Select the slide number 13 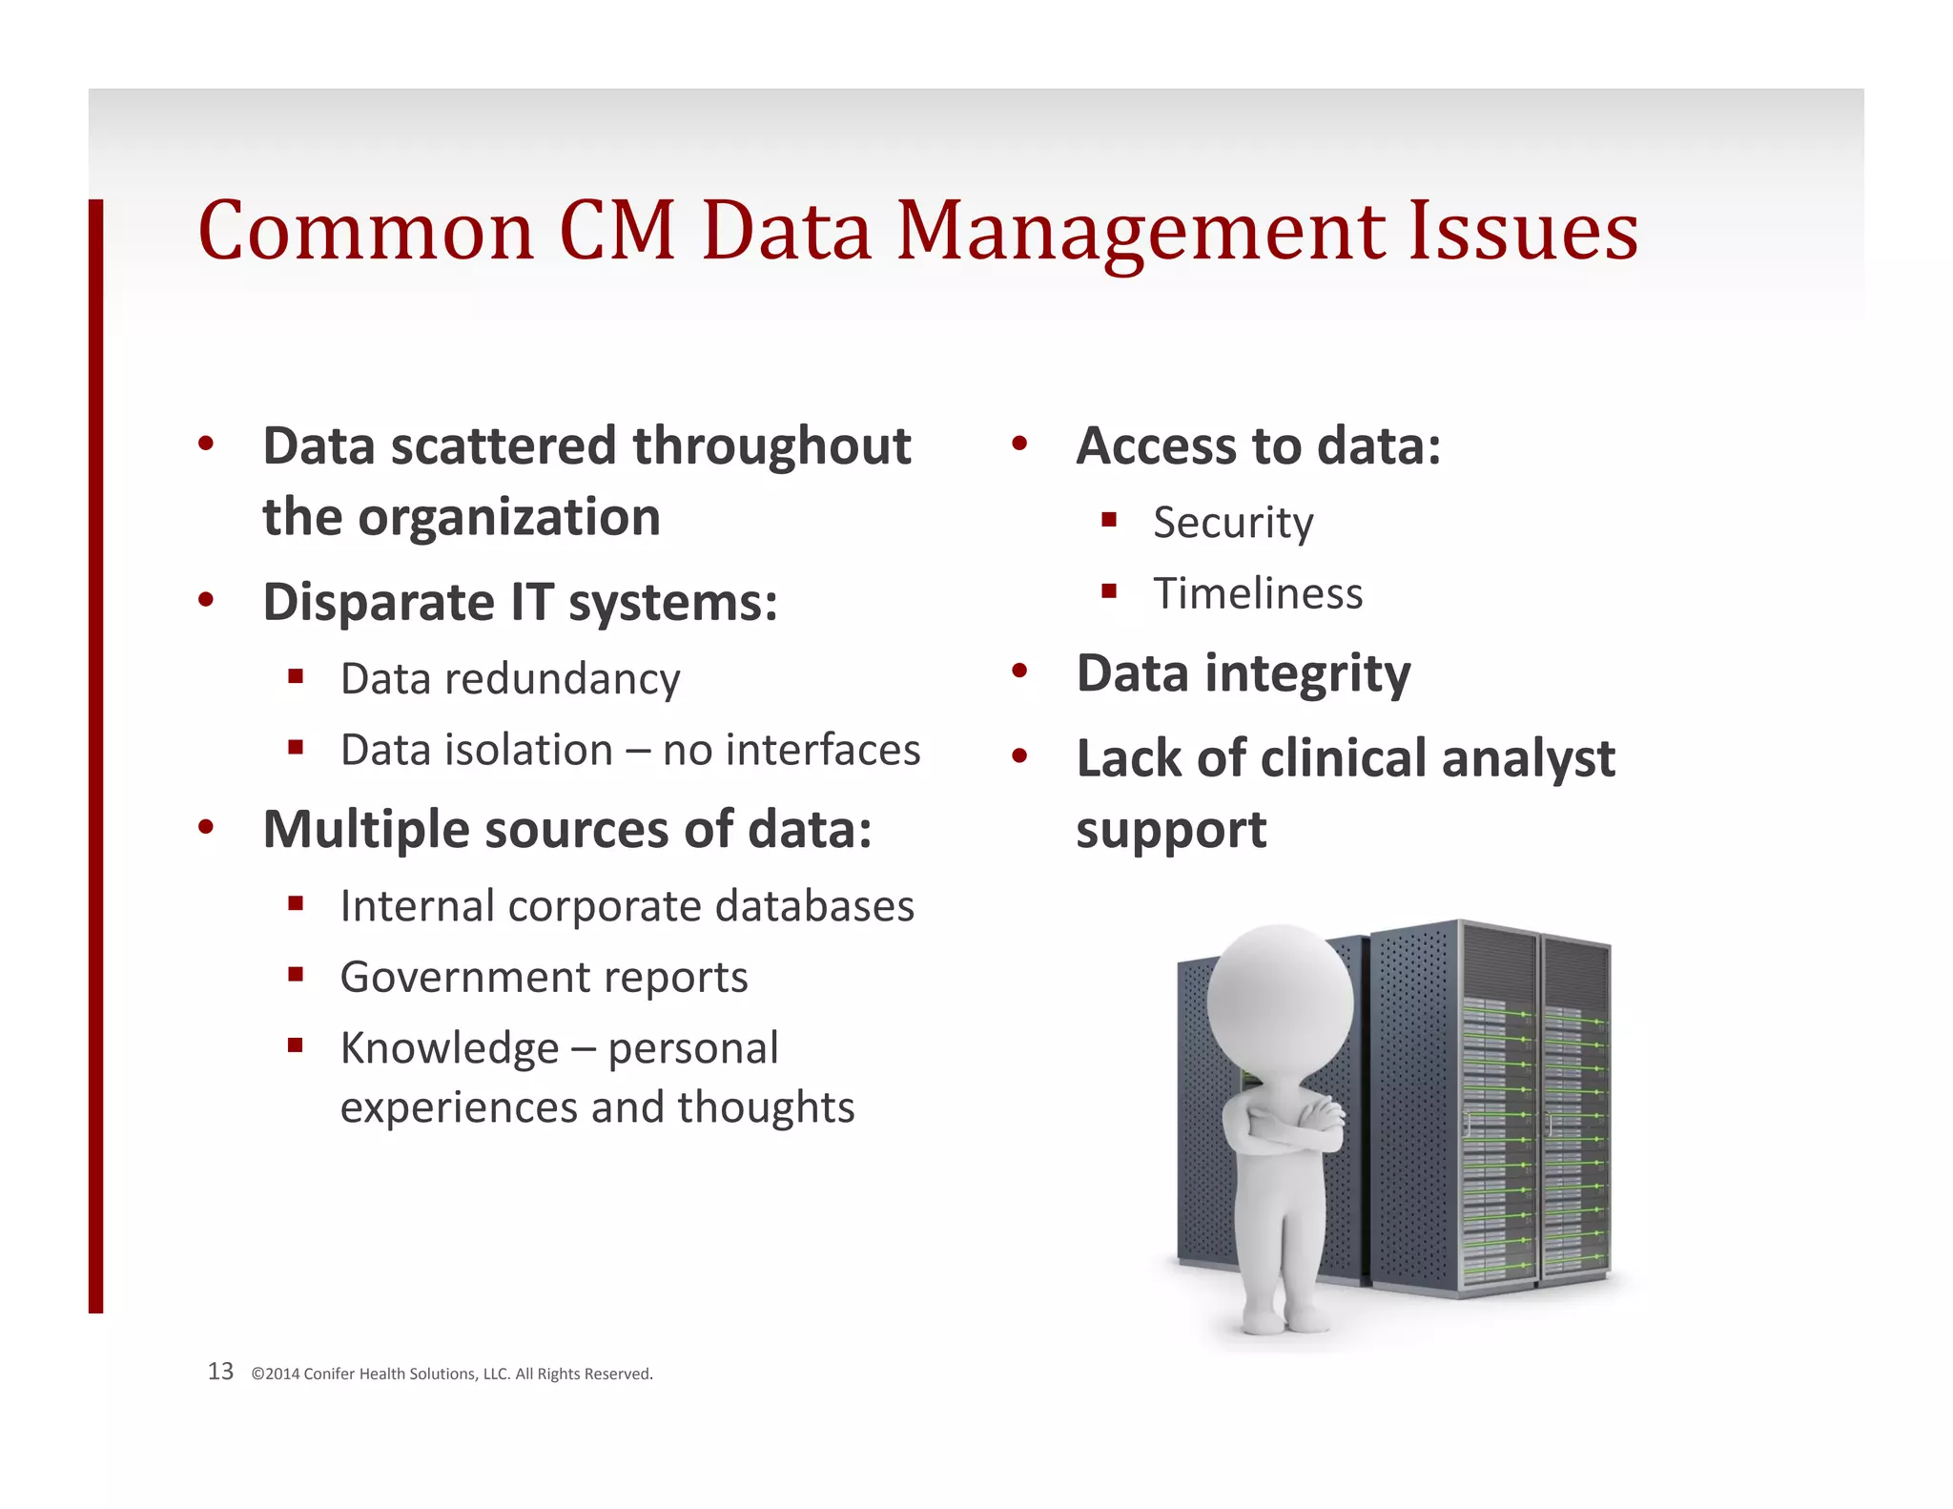[220, 1372]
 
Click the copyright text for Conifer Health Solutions [452, 1374]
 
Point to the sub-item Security [1232, 523]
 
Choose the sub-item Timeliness [1257, 593]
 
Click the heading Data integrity [1243, 674]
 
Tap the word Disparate [379, 603]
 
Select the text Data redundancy [510, 679]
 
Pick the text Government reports [544, 977]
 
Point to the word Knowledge [449, 1048]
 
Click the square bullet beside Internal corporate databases [296, 903]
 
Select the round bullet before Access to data [1019, 444]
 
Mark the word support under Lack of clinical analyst [1170, 831]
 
